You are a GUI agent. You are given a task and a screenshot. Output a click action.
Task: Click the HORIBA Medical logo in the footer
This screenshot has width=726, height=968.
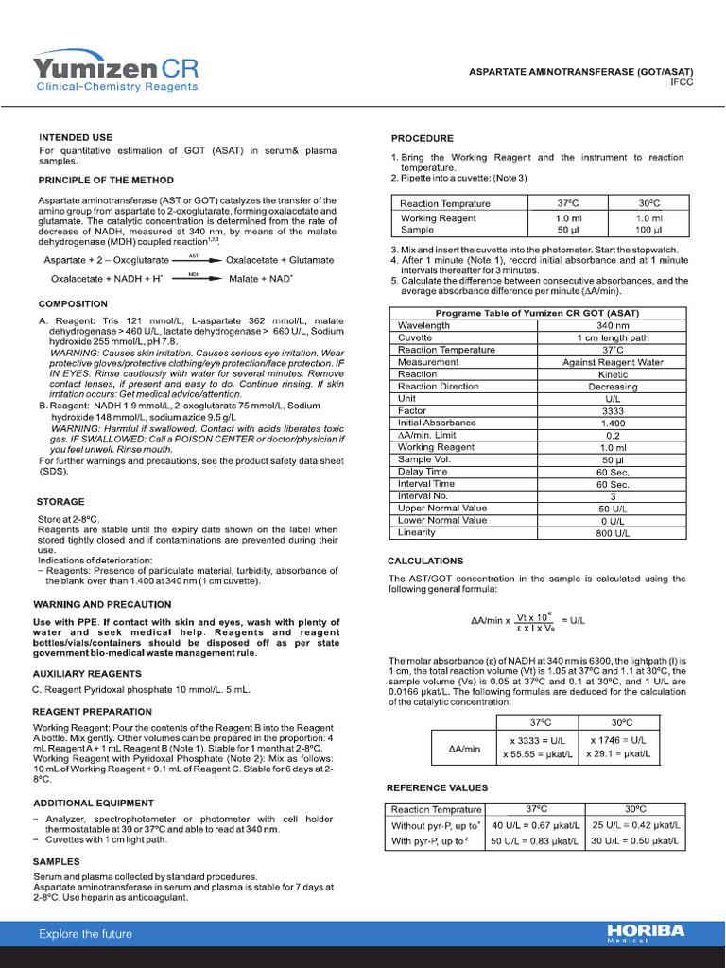646,932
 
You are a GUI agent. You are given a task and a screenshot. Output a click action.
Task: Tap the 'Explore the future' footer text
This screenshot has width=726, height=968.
85,934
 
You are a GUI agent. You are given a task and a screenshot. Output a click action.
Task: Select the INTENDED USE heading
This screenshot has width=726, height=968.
75,137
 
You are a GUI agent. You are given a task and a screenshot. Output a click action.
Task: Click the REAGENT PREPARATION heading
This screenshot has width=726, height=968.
92,712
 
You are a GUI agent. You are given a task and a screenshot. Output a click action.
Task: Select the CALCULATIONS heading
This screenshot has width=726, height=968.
425,561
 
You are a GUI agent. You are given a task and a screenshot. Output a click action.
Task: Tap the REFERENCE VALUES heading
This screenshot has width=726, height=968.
437,787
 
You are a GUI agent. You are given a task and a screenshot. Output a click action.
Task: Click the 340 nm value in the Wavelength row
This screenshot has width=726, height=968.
613,325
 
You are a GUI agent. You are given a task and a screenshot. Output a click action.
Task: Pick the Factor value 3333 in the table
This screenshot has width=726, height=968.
613,411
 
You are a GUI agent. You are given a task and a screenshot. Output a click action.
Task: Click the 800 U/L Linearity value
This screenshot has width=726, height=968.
613,532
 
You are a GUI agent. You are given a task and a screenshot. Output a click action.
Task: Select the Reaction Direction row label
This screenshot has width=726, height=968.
439,387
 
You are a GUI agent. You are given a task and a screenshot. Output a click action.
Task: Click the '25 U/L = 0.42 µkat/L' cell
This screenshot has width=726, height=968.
636,825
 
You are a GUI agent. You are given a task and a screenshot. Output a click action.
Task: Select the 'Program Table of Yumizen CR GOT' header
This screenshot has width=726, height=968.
536,314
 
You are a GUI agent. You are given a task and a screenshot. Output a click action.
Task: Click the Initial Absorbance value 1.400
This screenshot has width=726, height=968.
613,423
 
